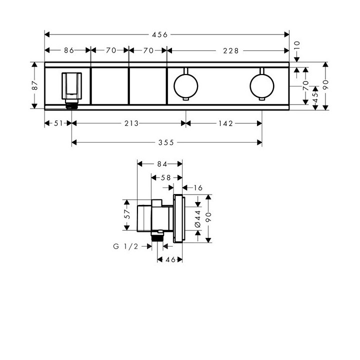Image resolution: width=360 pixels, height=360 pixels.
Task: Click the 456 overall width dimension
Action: pyautogui.click(x=161, y=34)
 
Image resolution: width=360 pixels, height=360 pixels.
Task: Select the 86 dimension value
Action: pyautogui.click(x=68, y=50)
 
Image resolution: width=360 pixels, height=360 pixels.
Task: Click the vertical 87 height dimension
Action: pyautogui.click(x=34, y=85)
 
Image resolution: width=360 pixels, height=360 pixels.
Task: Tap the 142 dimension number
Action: pyautogui.click(x=224, y=123)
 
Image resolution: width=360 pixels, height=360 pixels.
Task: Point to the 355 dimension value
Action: pyautogui.click(x=166, y=142)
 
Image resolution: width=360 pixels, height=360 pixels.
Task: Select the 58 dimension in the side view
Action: pyautogui.click(x=166, y=177)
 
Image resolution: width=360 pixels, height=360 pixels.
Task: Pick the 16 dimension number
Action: pyautogui.click(x=196, y=187)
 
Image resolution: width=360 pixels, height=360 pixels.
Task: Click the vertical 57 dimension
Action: pyautogui.click(x=127, y=214)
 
